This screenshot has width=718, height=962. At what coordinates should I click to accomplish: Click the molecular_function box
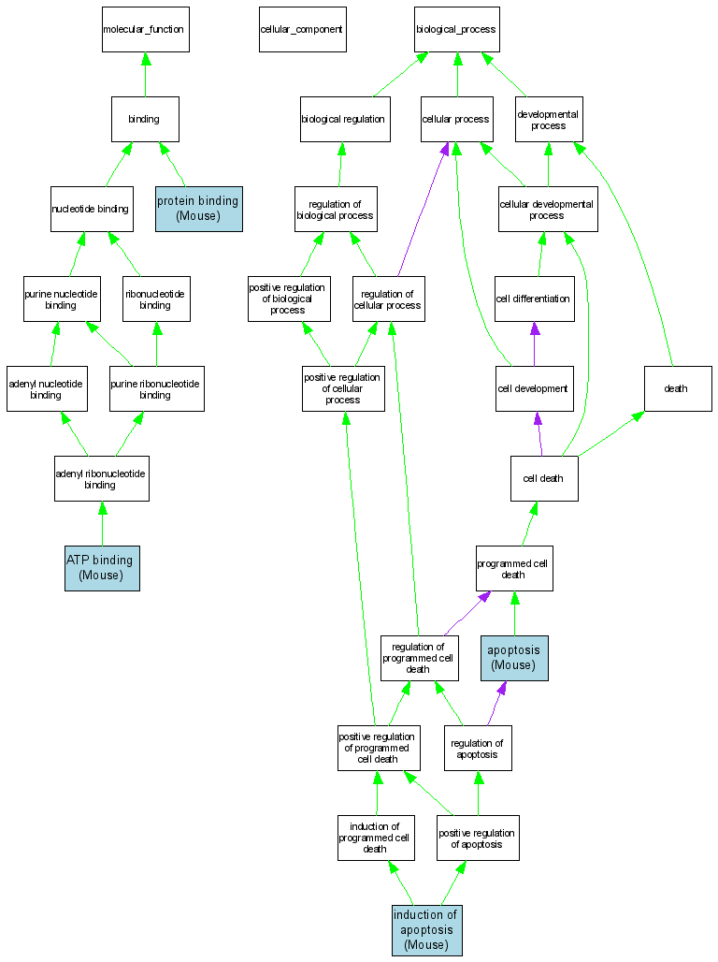[145, 29]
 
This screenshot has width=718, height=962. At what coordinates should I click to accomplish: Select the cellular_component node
[301, 29]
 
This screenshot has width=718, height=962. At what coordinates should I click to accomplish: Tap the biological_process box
[456, 29]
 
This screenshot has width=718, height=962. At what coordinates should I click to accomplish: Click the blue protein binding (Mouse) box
[198, 208]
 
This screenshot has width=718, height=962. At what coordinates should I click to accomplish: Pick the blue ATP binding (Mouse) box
[102, 568]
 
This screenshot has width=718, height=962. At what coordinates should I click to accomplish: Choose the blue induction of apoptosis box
[426, 930]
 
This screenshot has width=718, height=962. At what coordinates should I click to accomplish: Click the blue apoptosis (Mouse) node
[514, 658]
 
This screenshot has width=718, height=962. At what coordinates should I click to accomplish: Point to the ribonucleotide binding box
[155, 299]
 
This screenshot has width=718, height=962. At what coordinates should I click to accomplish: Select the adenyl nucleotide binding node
[47, 388]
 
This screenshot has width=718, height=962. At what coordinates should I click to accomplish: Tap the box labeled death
[677, 388]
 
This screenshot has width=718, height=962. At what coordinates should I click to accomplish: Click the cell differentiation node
[534, 299]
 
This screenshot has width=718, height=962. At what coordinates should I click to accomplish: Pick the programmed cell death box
[514, 568]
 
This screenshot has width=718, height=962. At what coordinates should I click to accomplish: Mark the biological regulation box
[344, 119]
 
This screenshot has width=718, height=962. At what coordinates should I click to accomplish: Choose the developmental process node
[549, 119]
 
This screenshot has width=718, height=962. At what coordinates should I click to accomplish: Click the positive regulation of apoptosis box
[477, 838]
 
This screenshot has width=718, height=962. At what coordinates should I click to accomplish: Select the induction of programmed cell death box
[376, 838]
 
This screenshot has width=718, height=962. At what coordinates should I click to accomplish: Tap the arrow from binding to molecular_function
[145, 75]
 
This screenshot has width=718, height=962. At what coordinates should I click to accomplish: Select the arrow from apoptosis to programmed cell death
[514, 614]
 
